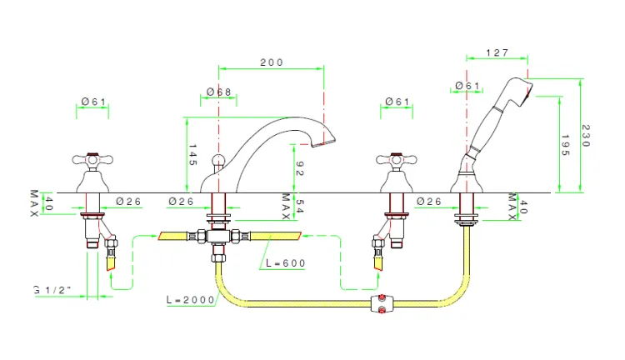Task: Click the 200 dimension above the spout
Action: (272, 62)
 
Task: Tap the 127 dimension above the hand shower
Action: (497, 52)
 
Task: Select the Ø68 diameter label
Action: (219, 92)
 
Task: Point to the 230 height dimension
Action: (586, 136)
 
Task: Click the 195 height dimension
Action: (565, 145)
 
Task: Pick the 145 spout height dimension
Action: (192, 155)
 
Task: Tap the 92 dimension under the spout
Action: (299, 168)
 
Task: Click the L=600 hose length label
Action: (285, 263)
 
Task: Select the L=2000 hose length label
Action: (191, 300)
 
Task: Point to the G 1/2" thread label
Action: (52, 290)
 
